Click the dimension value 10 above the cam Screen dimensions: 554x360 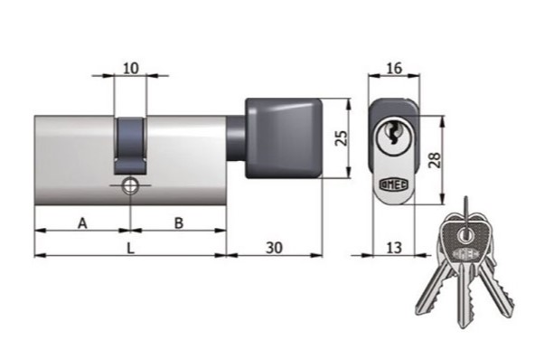[131, 68]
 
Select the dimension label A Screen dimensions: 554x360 [82, 223]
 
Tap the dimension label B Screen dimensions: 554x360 [179, 223]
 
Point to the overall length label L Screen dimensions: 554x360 [131, 248]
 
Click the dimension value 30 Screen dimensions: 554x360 [274, 248]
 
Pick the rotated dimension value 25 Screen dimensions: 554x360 [342, 137]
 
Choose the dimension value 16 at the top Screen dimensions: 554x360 [394, 68]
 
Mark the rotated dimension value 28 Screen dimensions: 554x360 [434, 160]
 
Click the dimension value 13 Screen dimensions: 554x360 [394, 248]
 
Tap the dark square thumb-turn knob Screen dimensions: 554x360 [284, 138]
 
